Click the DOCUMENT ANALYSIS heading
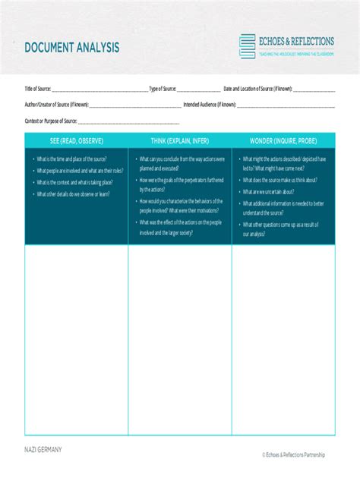tap(71, 48)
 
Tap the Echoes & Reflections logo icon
tap(247, 46)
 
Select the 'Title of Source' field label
tap(37, 89)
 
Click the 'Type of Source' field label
tap(163, 89)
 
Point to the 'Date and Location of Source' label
tap(257, 89)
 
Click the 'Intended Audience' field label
tap(210, 105)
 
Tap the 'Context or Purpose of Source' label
tap(51, 121)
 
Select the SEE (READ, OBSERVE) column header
tap(76, 141)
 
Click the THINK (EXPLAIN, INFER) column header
tap(179, 141)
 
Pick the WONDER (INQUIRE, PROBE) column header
tap(283, 141)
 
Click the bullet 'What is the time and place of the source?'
tap(71, 159)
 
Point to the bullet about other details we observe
tap(73, 194)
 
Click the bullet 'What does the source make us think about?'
tap(279, 181)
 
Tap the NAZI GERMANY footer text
tap(43, 450)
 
